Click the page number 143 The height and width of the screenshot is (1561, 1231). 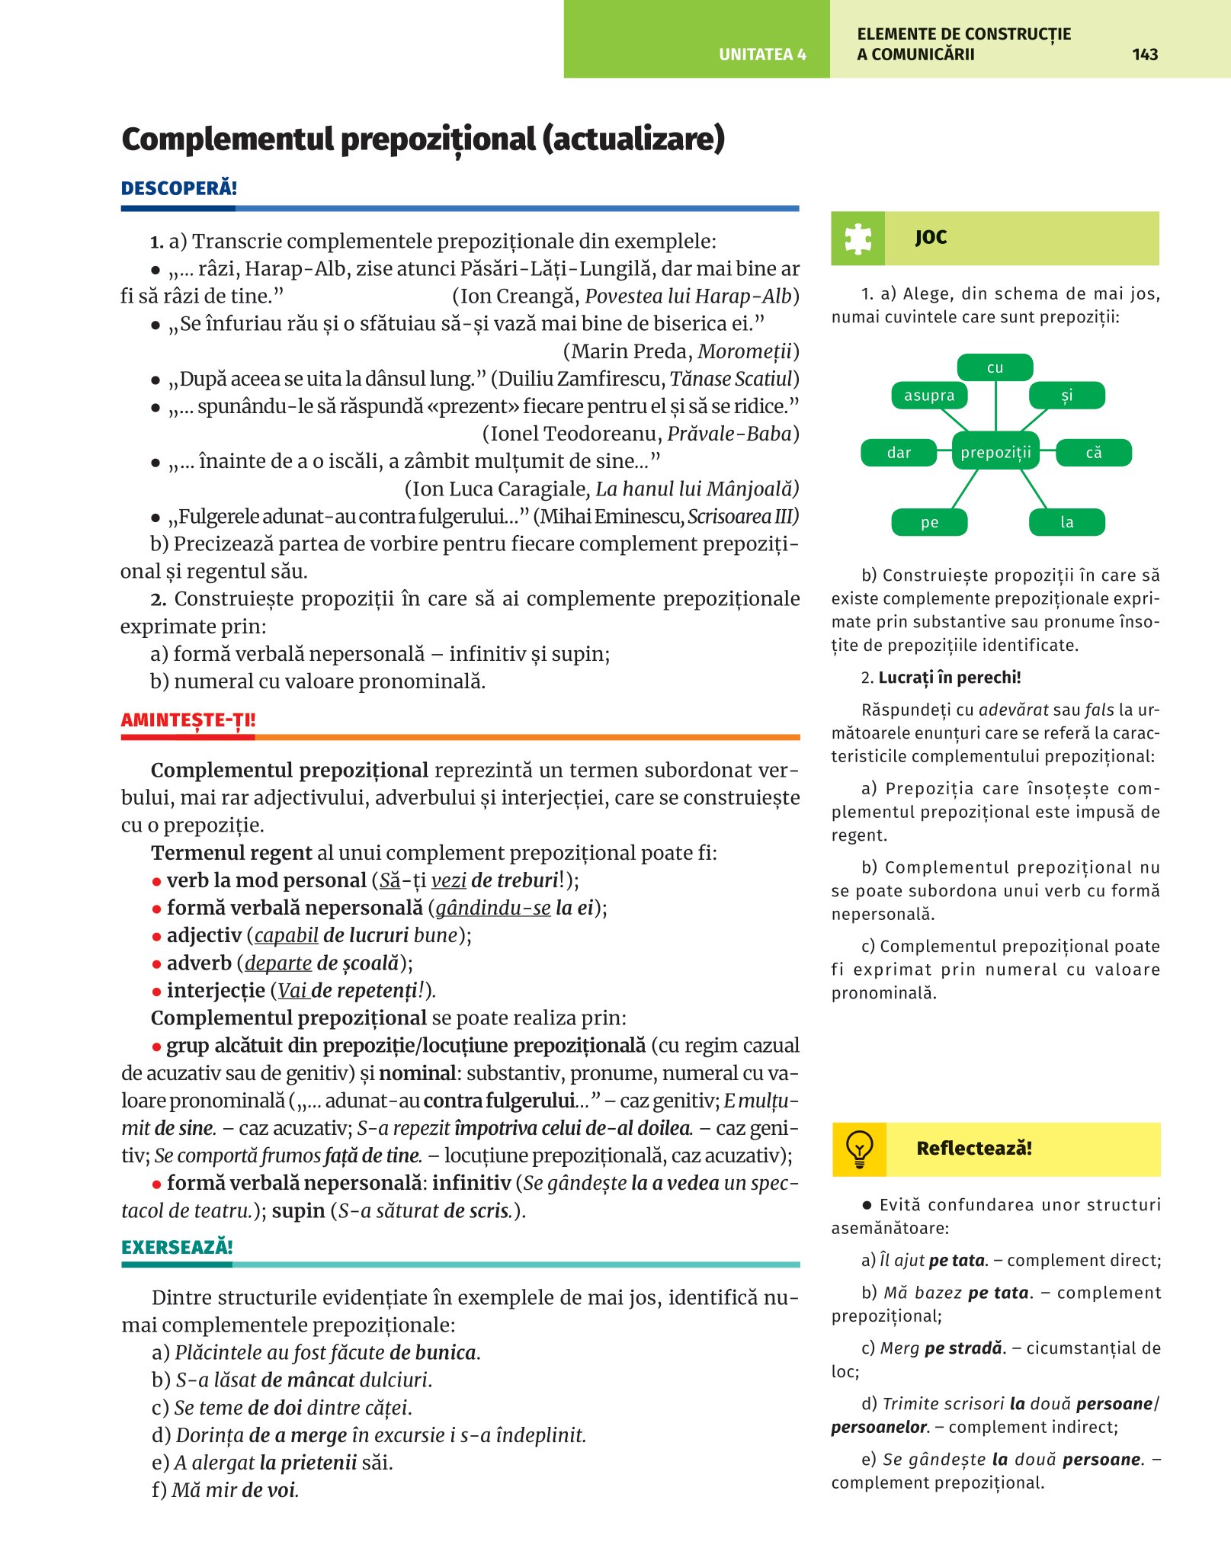pyautogui.click(x=1145, y=54)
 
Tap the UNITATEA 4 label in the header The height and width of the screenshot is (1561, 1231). pyautogui.click(x=762, y=54)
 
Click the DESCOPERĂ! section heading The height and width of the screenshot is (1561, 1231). pyautogui.click(x=179, y=188)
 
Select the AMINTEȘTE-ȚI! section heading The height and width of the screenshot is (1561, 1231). pyautogui.click(x=188, y=720)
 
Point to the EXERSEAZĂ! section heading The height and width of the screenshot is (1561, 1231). pyautogui.click(x=177, y=1247)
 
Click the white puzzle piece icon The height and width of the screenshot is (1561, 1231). pyautogui.click(x=858, y=239)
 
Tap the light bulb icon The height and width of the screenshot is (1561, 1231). pyautogui.click(x=859, y=1149)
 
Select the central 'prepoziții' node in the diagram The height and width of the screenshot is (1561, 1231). pyautogui.click(x=995, y=453)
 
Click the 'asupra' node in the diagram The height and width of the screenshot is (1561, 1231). pyautogui.click(x=929, y=396)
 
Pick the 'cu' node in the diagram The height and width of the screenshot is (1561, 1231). pyautogui.click(x=995, y=367)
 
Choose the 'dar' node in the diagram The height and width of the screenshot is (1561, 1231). pyautogui.click(x=899, y=453)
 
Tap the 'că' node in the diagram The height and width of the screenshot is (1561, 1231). pyautogui.click(x=1094, y=453)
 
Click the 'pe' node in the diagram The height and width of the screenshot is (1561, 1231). pyautogui.click(x=929, y=522)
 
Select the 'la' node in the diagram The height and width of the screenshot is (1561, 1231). pyautogui.click(x=1067, y=522)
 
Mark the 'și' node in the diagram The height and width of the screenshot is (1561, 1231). pyautogui.click(x=1067, y=396)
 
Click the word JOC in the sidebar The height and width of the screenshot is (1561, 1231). pyautogui.click(x=931, y=238)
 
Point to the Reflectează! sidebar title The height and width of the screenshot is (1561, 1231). pyautogui.click(x=974, y=1149)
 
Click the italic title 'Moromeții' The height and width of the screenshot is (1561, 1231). pyautogui.click(x=744, y=351)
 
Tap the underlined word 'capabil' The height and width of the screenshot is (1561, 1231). pyautogui.click(x=286, y=935)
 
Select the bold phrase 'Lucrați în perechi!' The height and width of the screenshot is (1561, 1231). pyautogui.click(x=949, y=678)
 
